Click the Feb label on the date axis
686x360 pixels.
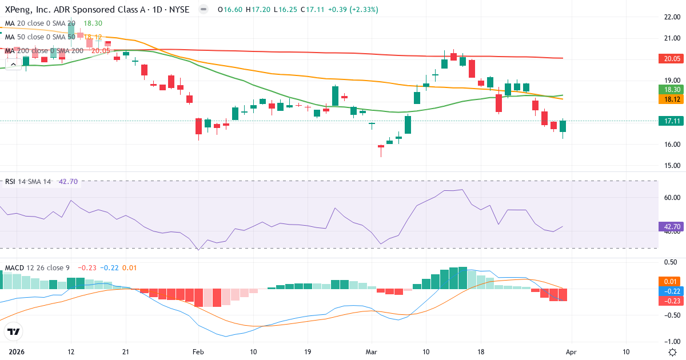click(x=198, y=351)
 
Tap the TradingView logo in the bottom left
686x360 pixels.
click(x=13, y=331)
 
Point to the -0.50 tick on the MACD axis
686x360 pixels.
click(x=671, y=315)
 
